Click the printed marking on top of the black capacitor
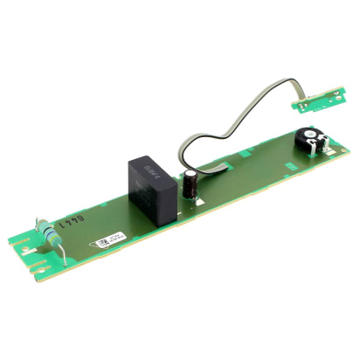(x=149, y=163)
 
